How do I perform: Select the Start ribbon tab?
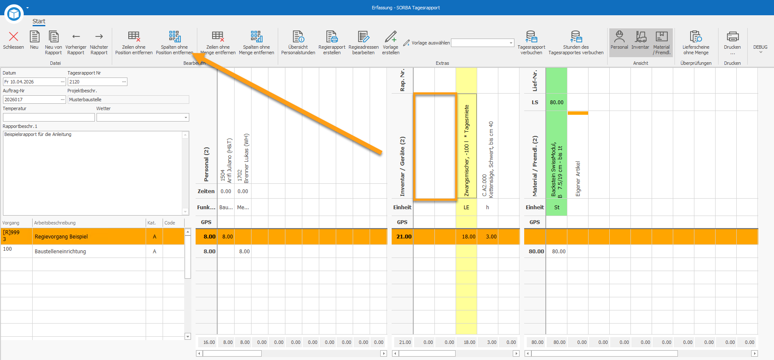click(x=39, y=21)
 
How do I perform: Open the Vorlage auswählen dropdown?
click(x=483, y=43)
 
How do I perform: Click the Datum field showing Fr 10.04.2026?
click(x=34, y=82)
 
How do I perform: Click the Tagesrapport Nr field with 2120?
click(x=97, y=82)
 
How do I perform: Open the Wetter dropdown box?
click(x=143, y=117)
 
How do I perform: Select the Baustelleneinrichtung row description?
click(x=60, y=251)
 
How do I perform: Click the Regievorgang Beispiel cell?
click(x=89, y=236)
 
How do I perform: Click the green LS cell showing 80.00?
click(x=556, y=102)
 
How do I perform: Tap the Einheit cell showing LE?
click(x=466, y=207)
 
